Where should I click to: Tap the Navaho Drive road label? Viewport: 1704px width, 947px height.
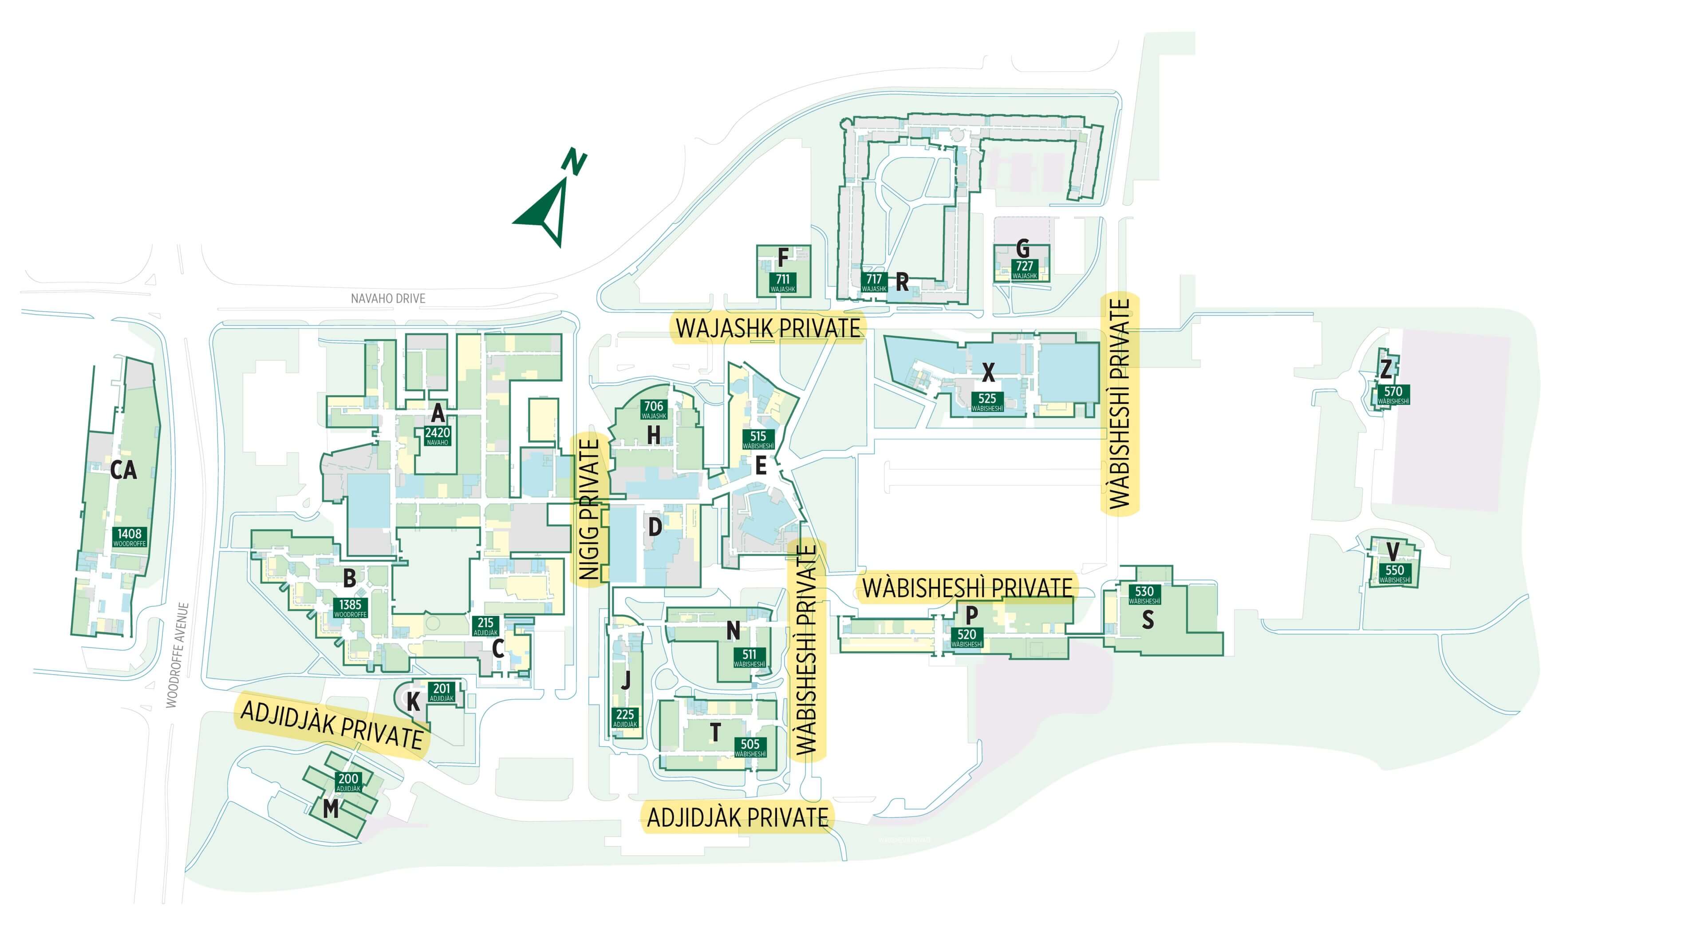pos(388,298)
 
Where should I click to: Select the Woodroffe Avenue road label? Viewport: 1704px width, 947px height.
pos(177,655)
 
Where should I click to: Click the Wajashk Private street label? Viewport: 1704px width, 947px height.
pos(768,328)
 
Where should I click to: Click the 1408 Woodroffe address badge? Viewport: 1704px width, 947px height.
pos(129,537)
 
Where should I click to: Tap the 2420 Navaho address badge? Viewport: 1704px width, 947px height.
pos(437,436)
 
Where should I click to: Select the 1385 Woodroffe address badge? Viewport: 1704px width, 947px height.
pos(350,607)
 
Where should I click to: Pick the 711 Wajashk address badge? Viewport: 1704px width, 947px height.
pos(782,282)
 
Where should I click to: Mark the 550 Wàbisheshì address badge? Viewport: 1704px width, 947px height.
pos(1394,574)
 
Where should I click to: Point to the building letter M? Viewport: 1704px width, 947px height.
pos(330,808)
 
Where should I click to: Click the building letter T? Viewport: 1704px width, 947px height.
pos(714,733)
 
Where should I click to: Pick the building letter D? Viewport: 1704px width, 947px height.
pos(655,527)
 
